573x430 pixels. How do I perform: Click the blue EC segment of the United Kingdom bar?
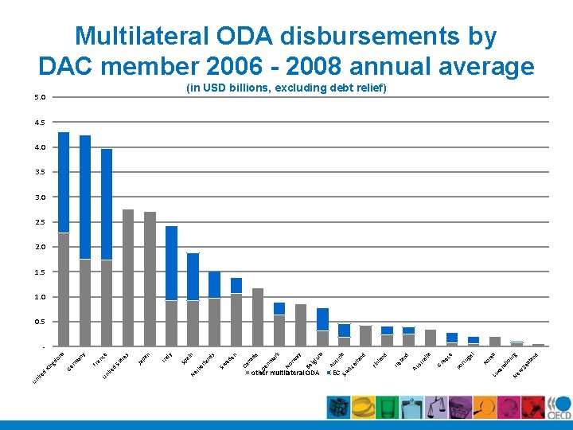click(x=64, y=182)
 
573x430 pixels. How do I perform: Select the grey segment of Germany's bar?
click(x=85, y=303)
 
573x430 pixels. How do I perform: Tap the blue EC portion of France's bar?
click(x=107, y=204)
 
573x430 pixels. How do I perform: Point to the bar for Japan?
click(x=150, y=279)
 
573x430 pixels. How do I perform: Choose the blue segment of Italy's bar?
click(x=171, y=263)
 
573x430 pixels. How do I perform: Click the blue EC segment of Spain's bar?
click(x=193, y=276)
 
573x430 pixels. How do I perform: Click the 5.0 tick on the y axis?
click(x=41, y=97)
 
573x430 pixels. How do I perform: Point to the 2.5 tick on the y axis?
click(x=41, y=222)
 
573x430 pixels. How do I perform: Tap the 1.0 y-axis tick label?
click(x=41, y=297)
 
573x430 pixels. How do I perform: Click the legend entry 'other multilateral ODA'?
click(x=285, y=373)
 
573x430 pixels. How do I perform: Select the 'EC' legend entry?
click(x=336, y=373)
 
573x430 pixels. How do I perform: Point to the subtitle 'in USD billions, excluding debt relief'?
click(x=286, y=88)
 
